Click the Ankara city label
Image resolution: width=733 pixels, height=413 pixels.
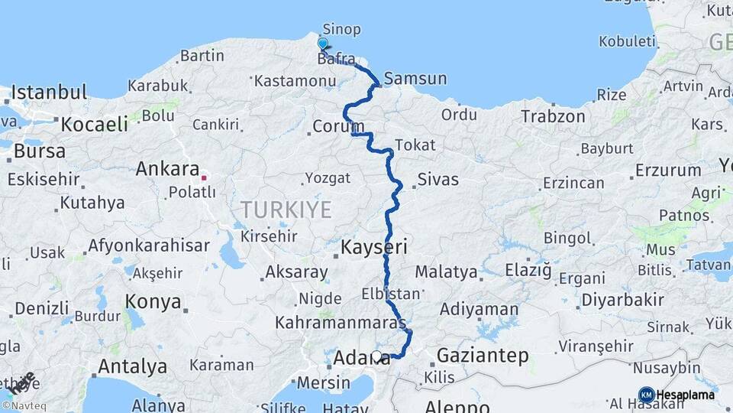(167, 168)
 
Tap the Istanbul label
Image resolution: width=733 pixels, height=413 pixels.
(49, 93)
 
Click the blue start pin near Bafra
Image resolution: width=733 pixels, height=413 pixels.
(323, 44)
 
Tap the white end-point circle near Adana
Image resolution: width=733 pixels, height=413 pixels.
(376, 356)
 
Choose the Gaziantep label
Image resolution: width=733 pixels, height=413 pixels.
(483, 355)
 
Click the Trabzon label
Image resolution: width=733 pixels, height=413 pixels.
(553, 116)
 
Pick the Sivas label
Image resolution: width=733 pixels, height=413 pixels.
(438, 180)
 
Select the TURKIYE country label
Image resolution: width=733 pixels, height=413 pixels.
(286, 209)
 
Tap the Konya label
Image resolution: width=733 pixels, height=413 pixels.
(153, 301)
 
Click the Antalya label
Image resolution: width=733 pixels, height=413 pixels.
(133, 366)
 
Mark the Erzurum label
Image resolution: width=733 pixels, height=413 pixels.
(668, 170)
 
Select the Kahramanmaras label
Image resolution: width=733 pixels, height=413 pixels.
(341, 323)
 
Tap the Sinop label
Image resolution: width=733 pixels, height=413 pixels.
(341, 28)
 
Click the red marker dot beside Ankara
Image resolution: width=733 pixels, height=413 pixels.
(204, 177)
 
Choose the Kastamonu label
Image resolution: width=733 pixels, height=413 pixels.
(295, 80)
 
